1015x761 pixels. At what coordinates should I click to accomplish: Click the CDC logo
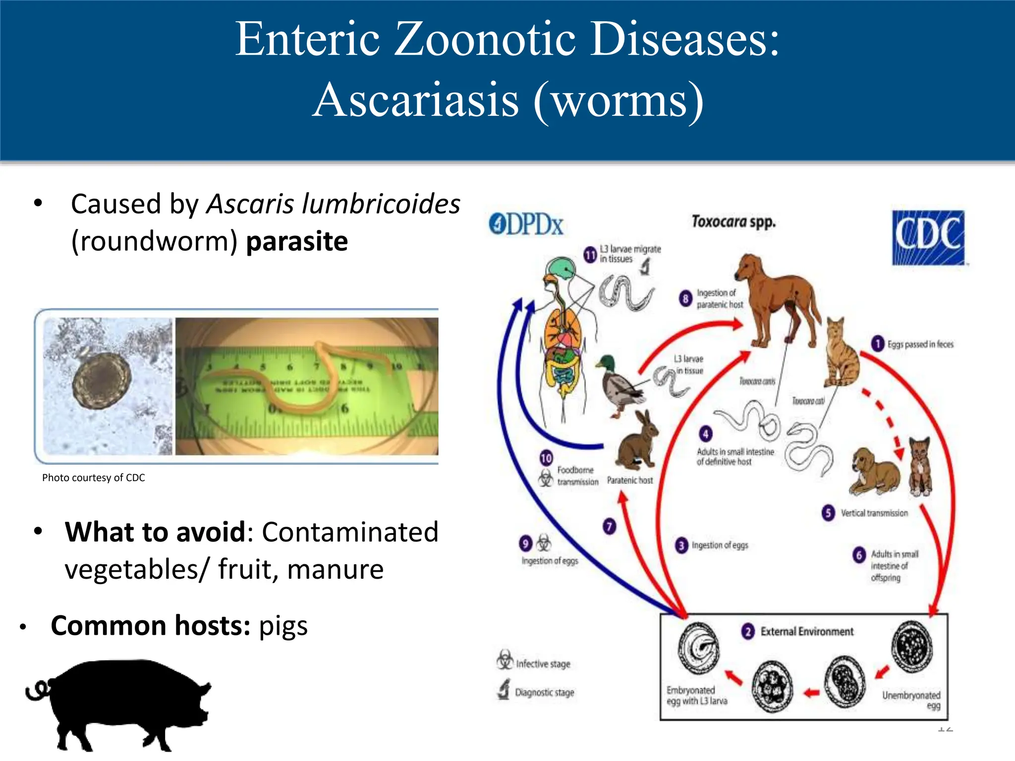pos(928,237)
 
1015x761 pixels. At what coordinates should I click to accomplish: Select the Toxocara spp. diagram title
pos(733,221)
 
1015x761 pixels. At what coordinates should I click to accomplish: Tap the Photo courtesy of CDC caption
pos(93,478)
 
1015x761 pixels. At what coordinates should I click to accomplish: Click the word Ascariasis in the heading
pos(416,100)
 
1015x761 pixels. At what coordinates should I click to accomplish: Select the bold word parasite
pos(297,241)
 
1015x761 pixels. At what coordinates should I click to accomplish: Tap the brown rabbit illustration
pos(637,441)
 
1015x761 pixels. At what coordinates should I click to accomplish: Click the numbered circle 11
pos(590,255)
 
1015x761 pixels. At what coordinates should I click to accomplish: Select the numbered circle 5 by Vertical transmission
pos(828,513)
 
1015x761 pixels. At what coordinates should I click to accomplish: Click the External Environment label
pos(806,632)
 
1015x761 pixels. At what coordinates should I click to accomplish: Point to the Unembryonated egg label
pos(911,700)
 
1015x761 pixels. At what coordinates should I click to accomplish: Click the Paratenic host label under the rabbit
pos(630,480)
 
